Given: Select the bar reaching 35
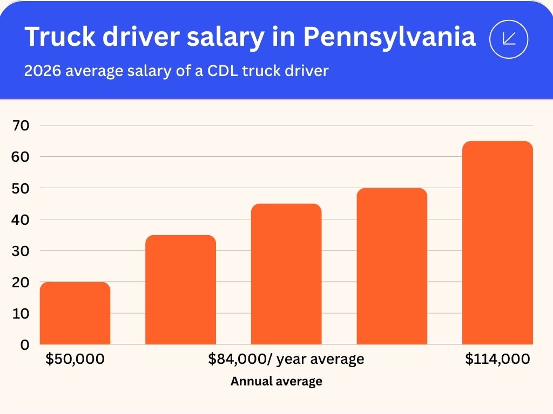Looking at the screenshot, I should pos(180,289).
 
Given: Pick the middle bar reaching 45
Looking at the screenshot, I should pos(286,274).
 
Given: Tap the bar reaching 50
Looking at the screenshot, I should pos(392,266).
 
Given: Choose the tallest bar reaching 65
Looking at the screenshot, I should pos(497,243).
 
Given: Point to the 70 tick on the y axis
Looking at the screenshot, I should pos(22,126).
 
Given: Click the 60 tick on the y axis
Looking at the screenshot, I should pos(22,157).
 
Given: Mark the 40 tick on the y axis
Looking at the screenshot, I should pos(22,219).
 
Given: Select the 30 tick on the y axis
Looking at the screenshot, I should pos(22,251).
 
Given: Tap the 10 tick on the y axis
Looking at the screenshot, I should pos(22,313).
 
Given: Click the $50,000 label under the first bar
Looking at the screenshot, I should pos(75,359).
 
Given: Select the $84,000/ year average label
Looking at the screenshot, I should pos(286,359).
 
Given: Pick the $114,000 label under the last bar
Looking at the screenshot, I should pos(497,359).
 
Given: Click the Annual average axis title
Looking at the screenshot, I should pos(276,382).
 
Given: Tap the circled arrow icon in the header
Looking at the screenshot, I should pos(508,38).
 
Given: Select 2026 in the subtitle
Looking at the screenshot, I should pos(42,71).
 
